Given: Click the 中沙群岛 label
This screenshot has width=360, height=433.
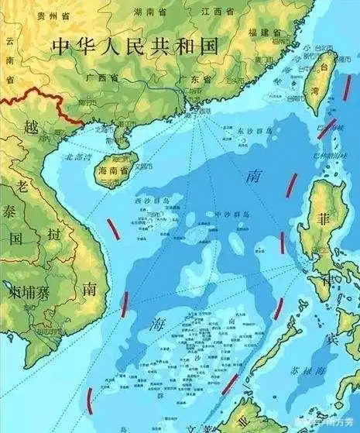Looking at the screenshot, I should click(231, 215).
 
